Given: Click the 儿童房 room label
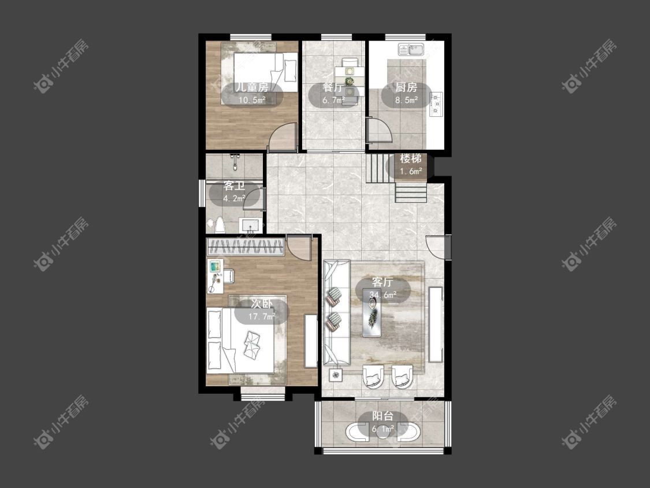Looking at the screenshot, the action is tap(252, 87).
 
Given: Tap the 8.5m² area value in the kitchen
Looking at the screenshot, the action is tap(406, 100).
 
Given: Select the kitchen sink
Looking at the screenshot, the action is tap(411, 49).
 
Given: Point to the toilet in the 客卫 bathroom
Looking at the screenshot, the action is tap(220, 225).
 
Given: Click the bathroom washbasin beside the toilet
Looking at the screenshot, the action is tap(251, 225).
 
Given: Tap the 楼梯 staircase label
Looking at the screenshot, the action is tap(410, 158).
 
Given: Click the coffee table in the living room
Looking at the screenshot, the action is tap(372, 312).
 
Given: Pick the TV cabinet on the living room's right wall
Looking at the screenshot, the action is tap(436, 324).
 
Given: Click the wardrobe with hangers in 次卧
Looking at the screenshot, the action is tap(246, 247).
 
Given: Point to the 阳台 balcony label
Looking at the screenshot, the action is tap(382, 416).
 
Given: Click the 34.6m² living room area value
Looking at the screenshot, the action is tap(383, 295).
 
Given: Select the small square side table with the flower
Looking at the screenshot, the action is tap(336, 375).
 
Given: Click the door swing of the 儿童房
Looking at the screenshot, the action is tap(283, 138).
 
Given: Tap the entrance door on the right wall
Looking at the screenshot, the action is tap(437, 247).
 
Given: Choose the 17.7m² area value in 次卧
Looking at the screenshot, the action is tap(262, 317).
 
